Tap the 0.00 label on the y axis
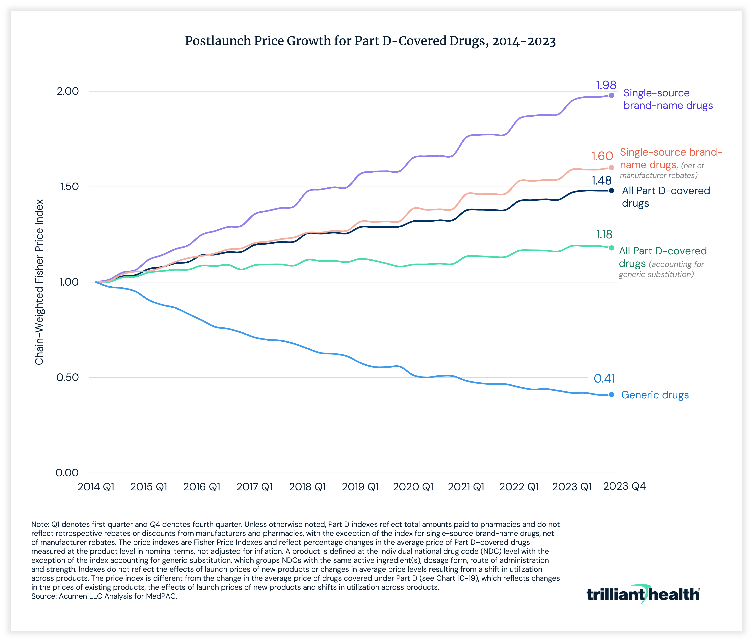click(67, 473)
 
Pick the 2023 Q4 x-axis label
click(624, 486)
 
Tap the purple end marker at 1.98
click(612, 95)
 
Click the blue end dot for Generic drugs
click(612, 395)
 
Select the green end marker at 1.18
click(612, 248)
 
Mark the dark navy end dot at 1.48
click(612, 190)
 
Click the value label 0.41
click(604, 379)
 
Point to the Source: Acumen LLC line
click(104, 596)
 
